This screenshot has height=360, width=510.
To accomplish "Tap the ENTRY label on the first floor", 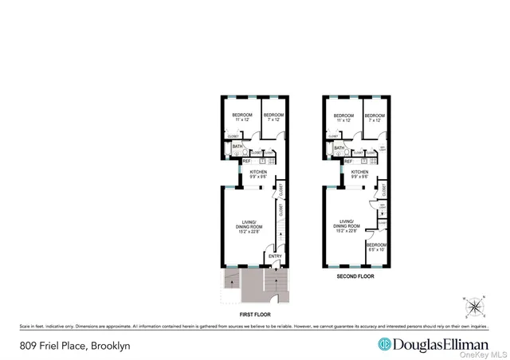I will (275, 256).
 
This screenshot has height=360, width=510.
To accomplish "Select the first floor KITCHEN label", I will (258, 172).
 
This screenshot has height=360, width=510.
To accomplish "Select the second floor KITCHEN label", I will (359, 172).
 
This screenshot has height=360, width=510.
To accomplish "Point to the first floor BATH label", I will (237, 147).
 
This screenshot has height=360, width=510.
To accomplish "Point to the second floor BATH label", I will (339, 147).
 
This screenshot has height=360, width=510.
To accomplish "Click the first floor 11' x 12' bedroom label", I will (242, 117).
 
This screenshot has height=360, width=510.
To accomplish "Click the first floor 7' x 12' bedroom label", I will (273, 117).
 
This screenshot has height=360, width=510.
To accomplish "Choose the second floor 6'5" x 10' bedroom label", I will (376, 247).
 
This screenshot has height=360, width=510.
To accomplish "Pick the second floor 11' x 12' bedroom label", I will (343, 117).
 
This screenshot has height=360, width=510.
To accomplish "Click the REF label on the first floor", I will (236, 162).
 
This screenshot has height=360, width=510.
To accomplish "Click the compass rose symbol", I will (476, 306).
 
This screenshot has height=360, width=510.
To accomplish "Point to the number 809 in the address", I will (28, 346).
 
